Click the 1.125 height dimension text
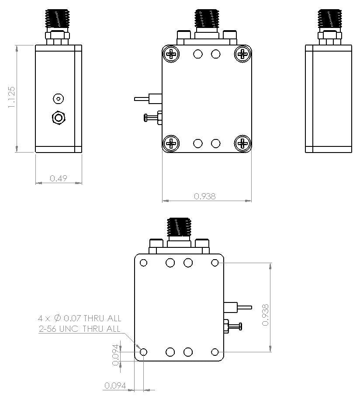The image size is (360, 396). (11, 97)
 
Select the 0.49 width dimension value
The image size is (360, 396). (59, 178)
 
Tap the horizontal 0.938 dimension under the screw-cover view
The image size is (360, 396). (205, 196)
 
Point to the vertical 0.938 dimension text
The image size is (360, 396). (265, 315)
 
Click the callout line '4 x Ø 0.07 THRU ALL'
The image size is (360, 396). (80, 318)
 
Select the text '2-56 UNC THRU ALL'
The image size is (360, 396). (79, 329)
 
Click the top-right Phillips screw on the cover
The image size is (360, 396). (242, 54)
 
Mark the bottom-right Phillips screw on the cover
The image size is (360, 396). (242, 143)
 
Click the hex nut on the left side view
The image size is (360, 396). (59, 118)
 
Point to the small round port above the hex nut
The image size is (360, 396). (58, 99)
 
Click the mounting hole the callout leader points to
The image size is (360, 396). (143, 352)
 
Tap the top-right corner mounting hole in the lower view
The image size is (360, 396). (215, 263)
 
